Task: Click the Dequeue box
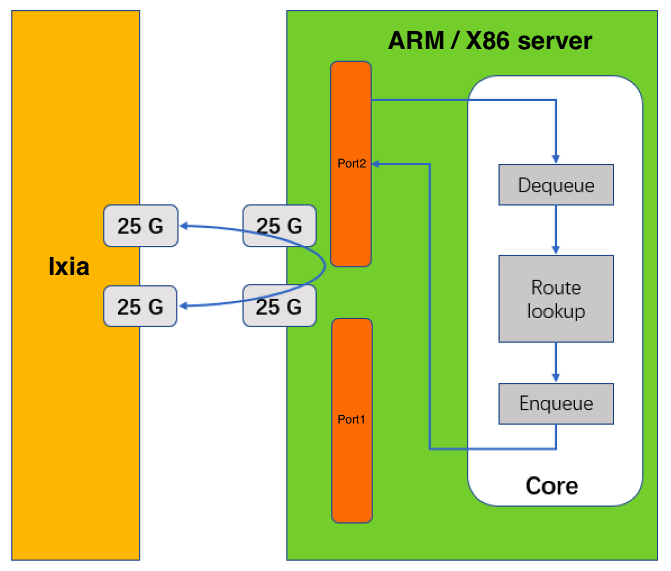tap(556, 185)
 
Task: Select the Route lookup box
tap(556, 299)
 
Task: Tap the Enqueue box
tap(556, 404)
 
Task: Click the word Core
tap(551, 486)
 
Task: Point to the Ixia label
tap(69, 266)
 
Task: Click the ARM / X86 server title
tap(490, 41)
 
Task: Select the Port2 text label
tap(351, 163)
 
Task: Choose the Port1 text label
tap(351, 420)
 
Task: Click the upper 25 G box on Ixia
tap(140, 226)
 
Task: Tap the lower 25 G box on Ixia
tap(140, 307)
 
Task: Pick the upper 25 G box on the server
tap(279, 226)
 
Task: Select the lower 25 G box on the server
tap(279, 307)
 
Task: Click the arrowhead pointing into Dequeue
tap(556, 159)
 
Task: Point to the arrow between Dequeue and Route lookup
tap(556, 229)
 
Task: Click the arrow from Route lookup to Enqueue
tap(556, 362)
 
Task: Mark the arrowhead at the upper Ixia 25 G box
tap(184, 226)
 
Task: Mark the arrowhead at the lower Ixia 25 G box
tap(184, 307)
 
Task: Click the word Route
tap(556, 287)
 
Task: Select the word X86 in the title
tap(487, 41)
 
